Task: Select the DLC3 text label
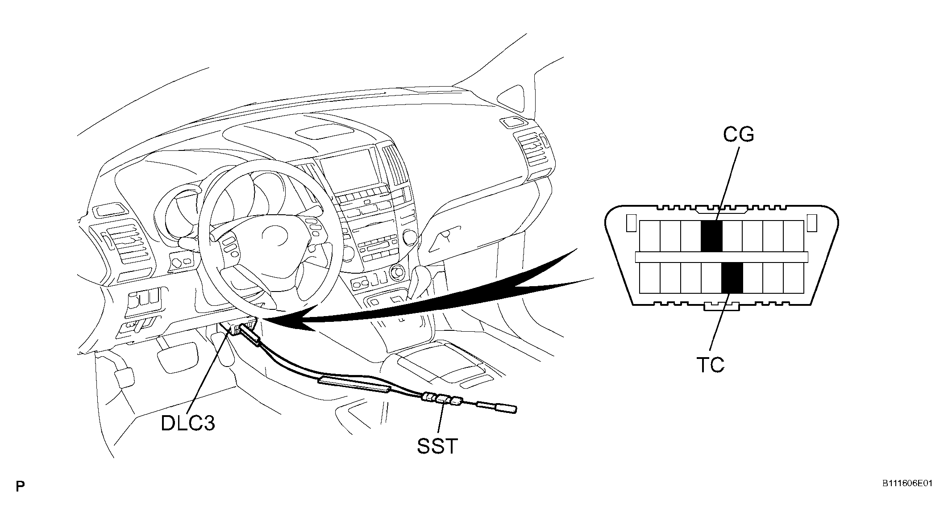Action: pos(188,423)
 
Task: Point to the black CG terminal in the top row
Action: pos(711,236)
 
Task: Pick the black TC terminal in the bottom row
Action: pos(732,278)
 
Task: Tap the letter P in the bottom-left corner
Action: pos(20,486)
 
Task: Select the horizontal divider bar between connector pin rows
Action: pos(721,257)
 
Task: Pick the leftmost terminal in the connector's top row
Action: pos(649,236)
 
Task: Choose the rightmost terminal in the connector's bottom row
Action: pos(794,278)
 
